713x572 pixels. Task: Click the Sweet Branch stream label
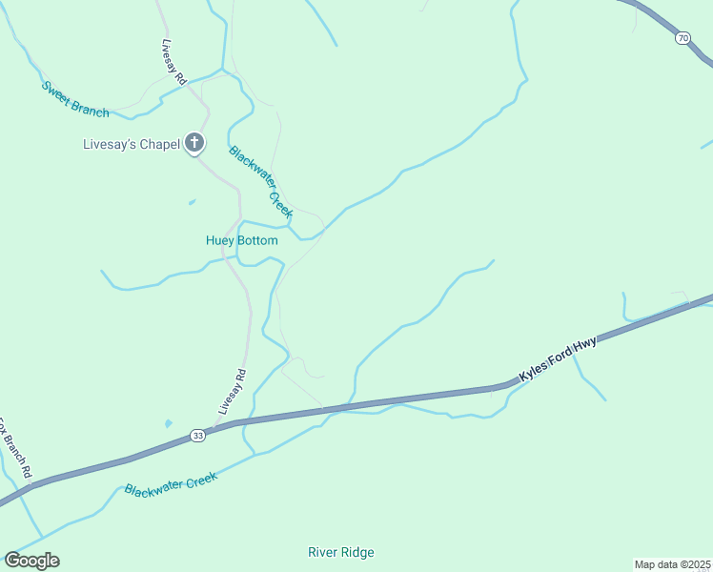pyautogui.click(x=74, y=99)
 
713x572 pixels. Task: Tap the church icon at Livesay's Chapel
pyautogui.click(x=194, y=144)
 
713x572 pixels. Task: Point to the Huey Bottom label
pyautogui.click(x=242, y=240)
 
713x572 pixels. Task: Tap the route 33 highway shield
pyautogui.click(x=197, y=435)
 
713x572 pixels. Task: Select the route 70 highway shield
pyautogui.click(x=682, y=37)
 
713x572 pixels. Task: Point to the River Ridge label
pyautogui.click(x=341, y=552)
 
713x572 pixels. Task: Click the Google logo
pyautogui.click(x=32, y=560)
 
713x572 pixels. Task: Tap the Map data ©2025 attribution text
pyautogui.click(x=673, y=564)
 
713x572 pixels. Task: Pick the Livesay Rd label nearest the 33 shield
pyautogui.click(x=231, y=391)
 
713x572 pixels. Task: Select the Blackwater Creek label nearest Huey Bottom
pyautogui.click(x=260, y=182)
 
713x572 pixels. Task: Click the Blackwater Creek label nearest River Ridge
pyautogui.click(x=171, y=482)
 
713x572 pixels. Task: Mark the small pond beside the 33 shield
pyautogui.click(x=169, y=422)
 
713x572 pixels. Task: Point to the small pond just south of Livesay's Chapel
pyautogui.click(x=192, y=202)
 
